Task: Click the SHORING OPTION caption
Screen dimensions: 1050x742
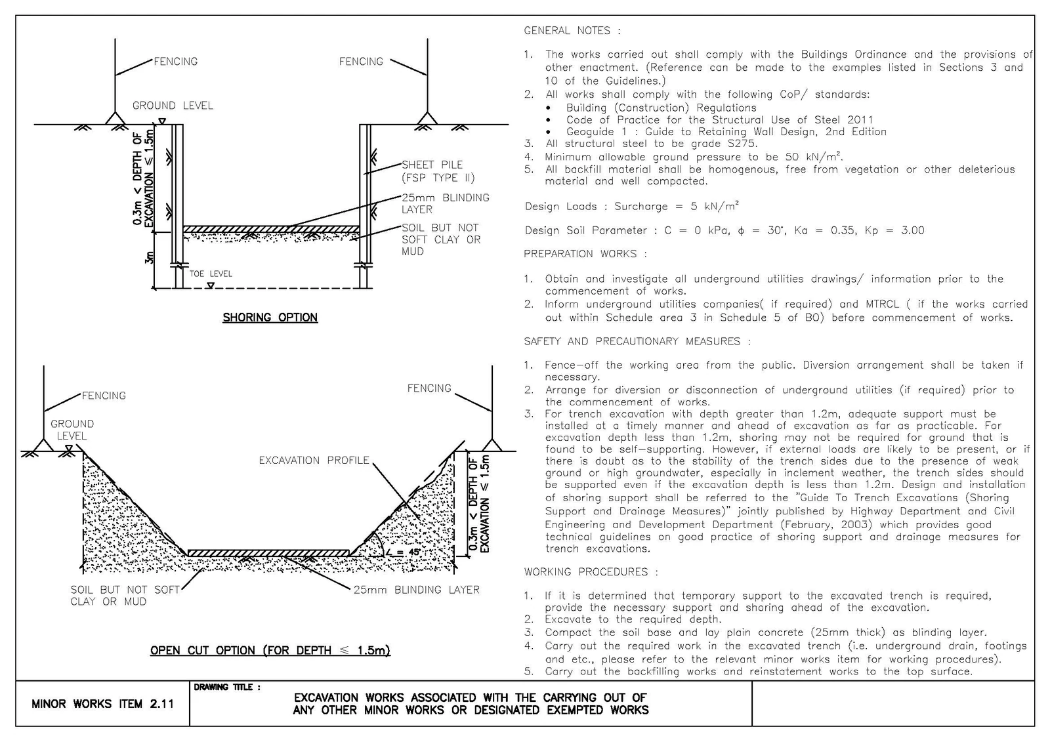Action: click(270, 318)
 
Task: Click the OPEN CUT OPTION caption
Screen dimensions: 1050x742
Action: click(270, 650)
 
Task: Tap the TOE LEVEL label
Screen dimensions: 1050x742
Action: click(211, 274)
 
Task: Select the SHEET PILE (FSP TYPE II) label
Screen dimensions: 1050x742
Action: click(438, 171)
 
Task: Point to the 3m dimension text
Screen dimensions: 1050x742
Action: click(149, 258)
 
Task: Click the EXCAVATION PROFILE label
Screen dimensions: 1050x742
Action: click(314, 461)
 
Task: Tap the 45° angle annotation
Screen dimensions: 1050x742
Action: click(403, 552)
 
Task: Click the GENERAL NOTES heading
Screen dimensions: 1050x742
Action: click(572, 30)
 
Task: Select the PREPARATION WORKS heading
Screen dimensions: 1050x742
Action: click(585, 254)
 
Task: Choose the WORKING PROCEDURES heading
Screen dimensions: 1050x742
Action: click(591, 572)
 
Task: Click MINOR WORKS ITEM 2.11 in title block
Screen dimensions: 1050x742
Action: click(102, 703)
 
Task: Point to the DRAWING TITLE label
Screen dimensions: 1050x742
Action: click(227, 687)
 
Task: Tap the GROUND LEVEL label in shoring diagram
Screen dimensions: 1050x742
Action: click(173, 106)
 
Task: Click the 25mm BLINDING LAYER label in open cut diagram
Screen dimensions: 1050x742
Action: click(417, 590)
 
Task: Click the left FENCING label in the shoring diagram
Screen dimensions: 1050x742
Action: click(176, 62)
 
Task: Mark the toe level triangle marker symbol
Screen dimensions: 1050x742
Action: click(211, 285)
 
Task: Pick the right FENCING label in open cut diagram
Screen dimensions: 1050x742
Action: click(429, 388)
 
